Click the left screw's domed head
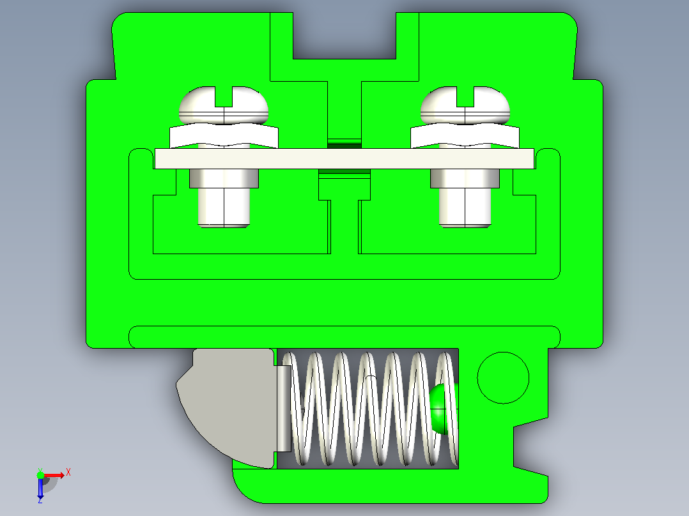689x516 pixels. tap(197, 107)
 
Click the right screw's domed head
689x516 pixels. tap(440, 107)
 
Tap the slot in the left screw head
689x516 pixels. tap(224, 96)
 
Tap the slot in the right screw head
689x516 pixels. tap(465, 96)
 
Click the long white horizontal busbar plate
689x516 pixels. tap(344, 158)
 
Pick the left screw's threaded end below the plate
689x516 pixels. tap(224, 208)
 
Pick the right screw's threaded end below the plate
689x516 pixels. tap(465, 208)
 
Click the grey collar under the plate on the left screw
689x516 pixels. tap(224, 178)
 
